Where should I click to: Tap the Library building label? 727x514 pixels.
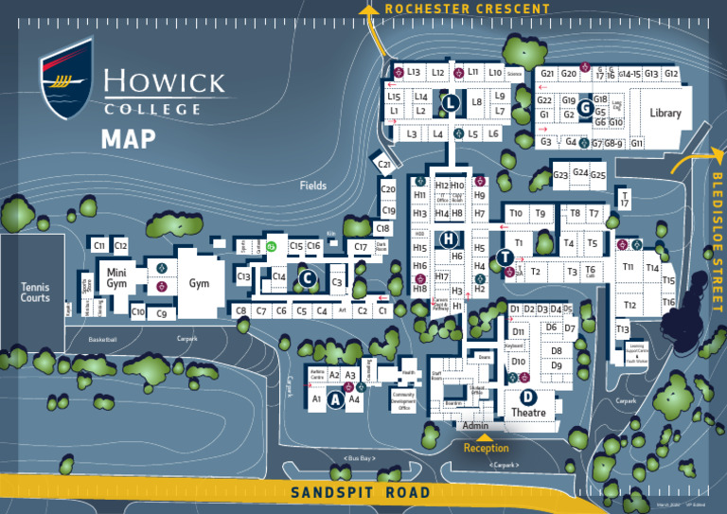click(x=665, y=114)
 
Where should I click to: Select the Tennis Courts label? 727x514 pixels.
click(x=35, y=292)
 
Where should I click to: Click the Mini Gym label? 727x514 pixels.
click(x=116, y=278)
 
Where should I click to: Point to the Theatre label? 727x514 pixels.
click(x=529, y=413)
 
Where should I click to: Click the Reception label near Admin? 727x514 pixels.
click(x=486, y=447)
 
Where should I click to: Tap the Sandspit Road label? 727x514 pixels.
click(x=360, y=492)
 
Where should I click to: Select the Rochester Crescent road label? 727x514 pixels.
click(x=467, y=9)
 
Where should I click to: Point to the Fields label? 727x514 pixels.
click(x=313, y=186)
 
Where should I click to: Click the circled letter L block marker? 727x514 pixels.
click(x=452, y=102)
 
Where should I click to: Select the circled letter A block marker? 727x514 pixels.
click(x=334, y=400)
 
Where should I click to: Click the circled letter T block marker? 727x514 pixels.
click(x=505, y=257)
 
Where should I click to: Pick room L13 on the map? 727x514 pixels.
click(x=414, y=72)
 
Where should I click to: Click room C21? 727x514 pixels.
click(x=385, y=165)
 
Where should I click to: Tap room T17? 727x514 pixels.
click(x=624, y=198)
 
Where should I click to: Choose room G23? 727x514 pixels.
click(x=560, y=175)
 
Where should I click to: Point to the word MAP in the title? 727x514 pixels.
click(x=129, y=139)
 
